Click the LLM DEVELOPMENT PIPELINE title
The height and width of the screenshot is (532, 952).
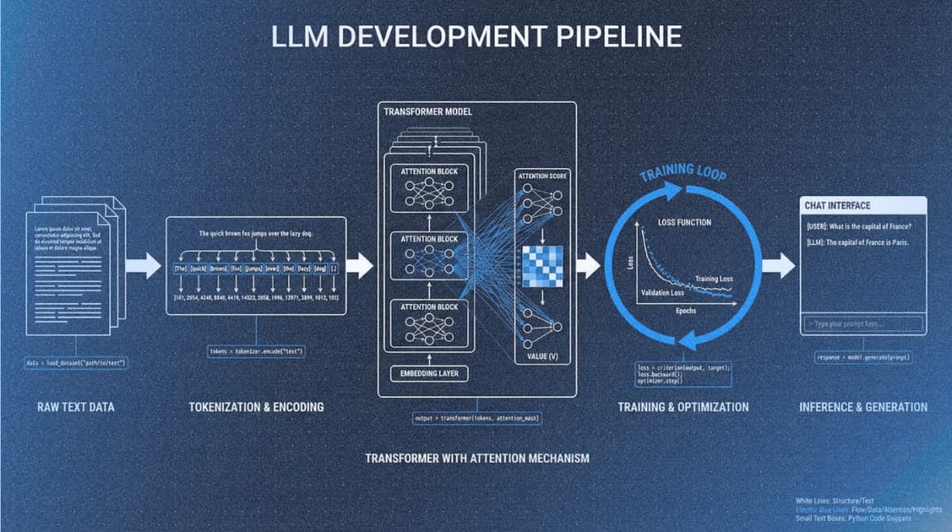point(476,37)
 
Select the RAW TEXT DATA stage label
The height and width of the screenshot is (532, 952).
point(76,407)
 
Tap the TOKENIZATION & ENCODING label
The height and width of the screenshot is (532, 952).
point(256,407)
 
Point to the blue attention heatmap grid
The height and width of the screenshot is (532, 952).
point(542,267)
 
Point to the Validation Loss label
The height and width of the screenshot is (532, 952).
point(663,293)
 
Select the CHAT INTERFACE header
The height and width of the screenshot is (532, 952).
point(838,206)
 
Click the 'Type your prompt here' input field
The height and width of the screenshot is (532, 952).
point(863,324)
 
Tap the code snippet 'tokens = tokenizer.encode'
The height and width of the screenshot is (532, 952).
point(256,350)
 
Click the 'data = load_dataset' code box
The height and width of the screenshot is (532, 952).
point(76,363)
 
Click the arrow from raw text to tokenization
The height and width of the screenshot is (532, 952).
point(143,266)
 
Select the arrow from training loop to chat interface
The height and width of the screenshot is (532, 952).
point(778,266)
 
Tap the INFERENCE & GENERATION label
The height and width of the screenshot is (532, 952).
point(863,407)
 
